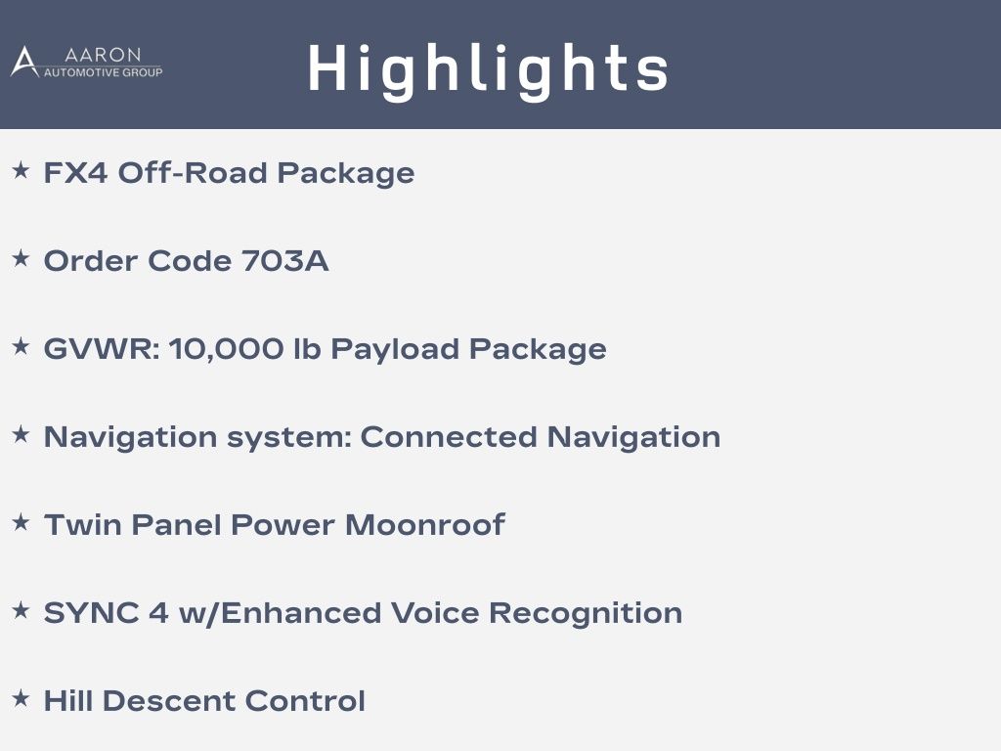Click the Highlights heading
tap(488, 70)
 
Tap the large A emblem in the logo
tap(24, 62)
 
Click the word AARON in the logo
tap(103, 55)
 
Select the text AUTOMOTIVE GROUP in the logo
tap(103, 72)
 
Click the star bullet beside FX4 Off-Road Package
tap(22, 170)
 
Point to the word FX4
tap(75, 172)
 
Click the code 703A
tap(284, 260)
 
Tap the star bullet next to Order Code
tap(22, 258)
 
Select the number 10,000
tap(226, 349)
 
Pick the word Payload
tap(395, 350)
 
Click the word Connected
tap(448, 437)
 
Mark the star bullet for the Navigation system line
tap(22, 435)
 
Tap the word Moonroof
tap(425, 525)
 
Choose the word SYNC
tap(91, 613)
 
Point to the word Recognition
tap(586, 614)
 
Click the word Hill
tap(67, 700)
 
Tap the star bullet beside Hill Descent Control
tap(22, 698)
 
